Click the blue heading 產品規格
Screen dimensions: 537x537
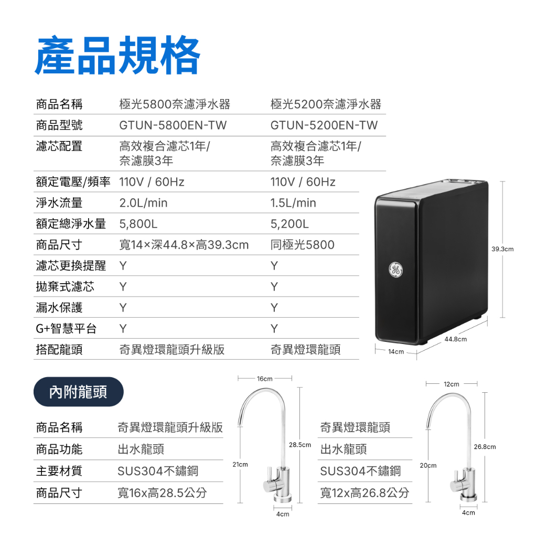tap(117, 55)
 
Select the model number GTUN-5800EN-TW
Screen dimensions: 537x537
tap(173, 125)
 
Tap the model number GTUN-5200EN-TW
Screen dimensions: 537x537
tap(324, 125)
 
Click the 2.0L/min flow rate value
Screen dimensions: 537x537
tap(144, 203)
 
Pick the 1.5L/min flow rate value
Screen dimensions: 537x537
tap(293, 203)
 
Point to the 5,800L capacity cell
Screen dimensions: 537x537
tap(138, 224)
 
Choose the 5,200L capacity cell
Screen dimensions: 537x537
tap(289, 224)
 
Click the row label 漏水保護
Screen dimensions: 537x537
tap(59, 307)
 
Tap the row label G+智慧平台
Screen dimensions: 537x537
tap(66, 329)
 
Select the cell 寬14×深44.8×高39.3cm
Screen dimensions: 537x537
tap(184, 245)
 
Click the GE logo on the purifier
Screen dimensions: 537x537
tap(395, 270)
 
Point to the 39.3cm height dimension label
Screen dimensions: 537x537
tap(502, 249)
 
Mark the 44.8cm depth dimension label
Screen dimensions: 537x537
tap(456, 339)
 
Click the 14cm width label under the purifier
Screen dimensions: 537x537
tap(396, 352)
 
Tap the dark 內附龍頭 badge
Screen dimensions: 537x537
tap(79, 392)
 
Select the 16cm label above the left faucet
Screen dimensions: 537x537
tap(265, 379)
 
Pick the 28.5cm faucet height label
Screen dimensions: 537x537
tap(300, 445)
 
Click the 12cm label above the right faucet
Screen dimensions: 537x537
tap(452, 384)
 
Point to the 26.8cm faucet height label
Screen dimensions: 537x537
tap(485, 447)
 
